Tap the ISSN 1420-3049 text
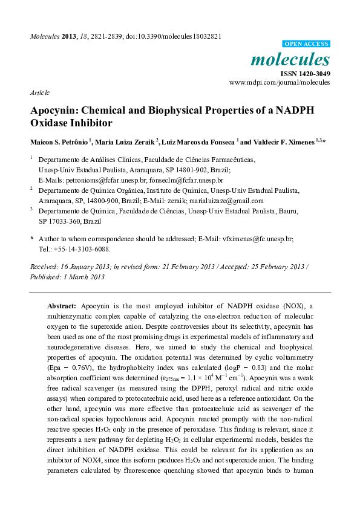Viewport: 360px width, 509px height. tap(304, 73)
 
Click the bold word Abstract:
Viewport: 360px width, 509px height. tap(61, 306)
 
